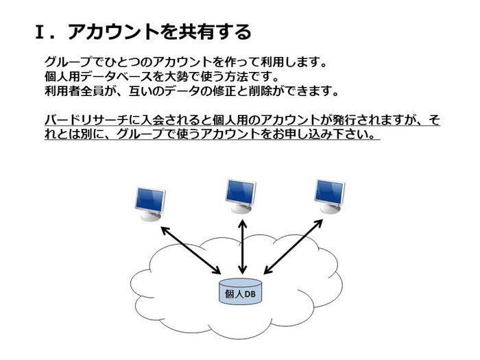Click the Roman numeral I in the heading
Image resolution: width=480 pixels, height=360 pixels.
click(40, 32)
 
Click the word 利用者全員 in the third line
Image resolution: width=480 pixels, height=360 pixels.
click(75, 91)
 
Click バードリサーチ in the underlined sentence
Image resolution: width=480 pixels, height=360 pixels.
click(86, 119)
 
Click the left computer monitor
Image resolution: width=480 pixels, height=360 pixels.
click(150, 204)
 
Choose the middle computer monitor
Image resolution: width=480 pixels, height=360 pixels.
click(240, 196)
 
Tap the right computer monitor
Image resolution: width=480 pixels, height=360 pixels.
click(330, 196)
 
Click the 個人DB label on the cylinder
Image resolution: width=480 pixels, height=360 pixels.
click(240, 294)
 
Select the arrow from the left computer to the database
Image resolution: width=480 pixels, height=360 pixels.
click(191, 250)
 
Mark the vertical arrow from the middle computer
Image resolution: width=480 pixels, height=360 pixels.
click(243, 247)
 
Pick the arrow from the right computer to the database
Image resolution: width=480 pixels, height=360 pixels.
click(293, 246)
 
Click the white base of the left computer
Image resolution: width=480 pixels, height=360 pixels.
click(151, 216)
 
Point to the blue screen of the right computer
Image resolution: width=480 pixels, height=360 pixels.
click(330, 192)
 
